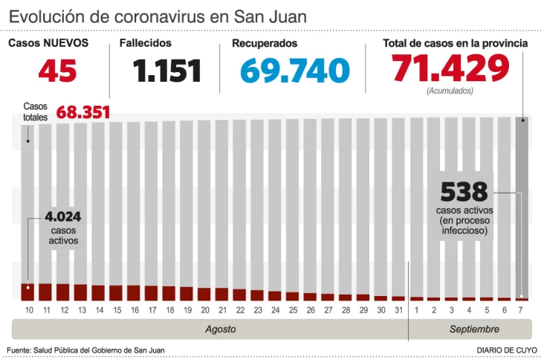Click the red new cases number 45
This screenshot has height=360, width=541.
pyautogui.click(x=57, y=71)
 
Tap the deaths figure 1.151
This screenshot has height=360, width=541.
pyautogui.click(x=167, y=71)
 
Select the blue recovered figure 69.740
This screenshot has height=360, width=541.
pyautogui.click(x=295, y=71)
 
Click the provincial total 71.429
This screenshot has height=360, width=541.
pyautogui.click(x=451, y=69)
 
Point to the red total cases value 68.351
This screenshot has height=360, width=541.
pyautogui.click(x=83, y=112)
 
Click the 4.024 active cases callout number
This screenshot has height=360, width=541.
pyautogui.click(x=62, y=218)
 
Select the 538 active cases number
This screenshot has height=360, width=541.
pyautogui.click(x=464, y=192)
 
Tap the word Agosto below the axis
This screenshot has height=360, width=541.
pyautogui.click(x=221, y=329)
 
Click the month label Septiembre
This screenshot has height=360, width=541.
pyautogui.click(x=474, y=329)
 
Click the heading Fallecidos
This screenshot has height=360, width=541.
pyautogui.click(x=145, y=43)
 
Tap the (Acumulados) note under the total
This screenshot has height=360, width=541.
pyautogui.click(x=450, y=91)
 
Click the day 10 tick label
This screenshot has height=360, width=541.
pyautogui.click(x=27, y=309)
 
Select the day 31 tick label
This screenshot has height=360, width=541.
pyautogui.click(x=398, y=309)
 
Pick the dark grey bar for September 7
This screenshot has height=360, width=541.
pyautogui.click(x=523, y=208)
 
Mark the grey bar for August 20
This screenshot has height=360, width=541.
pyautogui.click(x=204, y=201)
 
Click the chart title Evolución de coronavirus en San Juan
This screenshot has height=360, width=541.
pyautogui.click(x=158, y=16)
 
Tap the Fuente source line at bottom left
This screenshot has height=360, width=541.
pyautogui.click(x=85, y=350)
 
